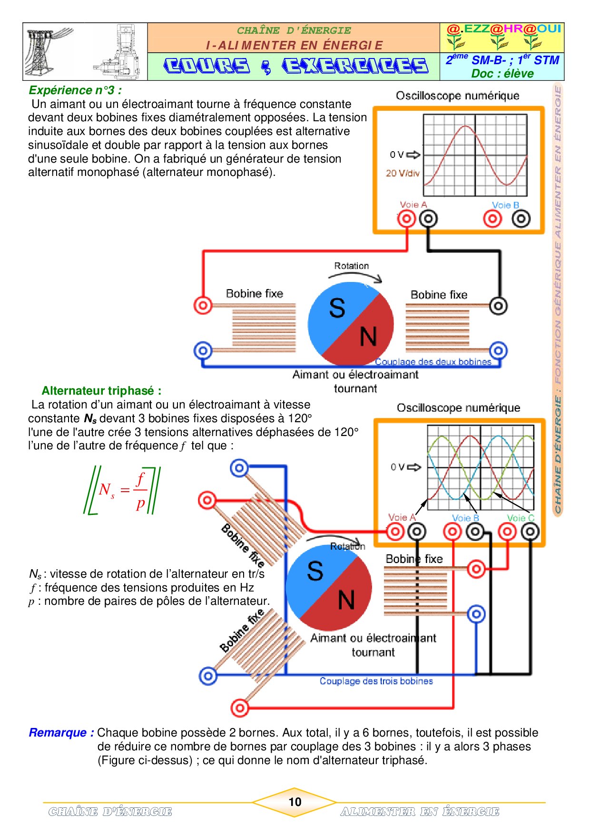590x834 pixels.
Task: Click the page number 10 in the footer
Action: click(x=295, y=802)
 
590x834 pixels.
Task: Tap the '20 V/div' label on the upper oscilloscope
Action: click(x=403, y=173)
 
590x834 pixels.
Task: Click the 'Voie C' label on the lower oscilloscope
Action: click(x=521, y=518)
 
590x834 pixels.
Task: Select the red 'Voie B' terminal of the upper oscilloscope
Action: click(x=492, y=219)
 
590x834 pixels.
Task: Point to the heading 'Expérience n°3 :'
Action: click(x=75, y=90)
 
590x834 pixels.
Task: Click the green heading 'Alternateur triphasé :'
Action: click(x=101, y=391)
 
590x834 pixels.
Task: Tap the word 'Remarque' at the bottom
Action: click(x=61, y=733)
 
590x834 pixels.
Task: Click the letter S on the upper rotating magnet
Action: click(x=337, y=308)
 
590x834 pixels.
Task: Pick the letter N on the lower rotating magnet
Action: click(x=346, y=600)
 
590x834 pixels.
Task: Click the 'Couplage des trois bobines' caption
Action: click(x=376, y=681)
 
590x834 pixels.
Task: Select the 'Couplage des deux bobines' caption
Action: click(x=433, y=362)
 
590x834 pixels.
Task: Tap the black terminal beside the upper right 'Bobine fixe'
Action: click(x=498, y=306)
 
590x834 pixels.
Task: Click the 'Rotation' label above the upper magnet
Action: click(x=351, y=266)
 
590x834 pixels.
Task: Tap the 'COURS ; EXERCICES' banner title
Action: click(x=295, y=66)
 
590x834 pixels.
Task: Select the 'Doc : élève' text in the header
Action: click(x=502, y=74)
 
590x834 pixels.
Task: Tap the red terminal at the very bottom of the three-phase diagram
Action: click(x=240, y=708)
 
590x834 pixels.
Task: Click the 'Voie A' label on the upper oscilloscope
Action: click(x=413, y=205)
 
